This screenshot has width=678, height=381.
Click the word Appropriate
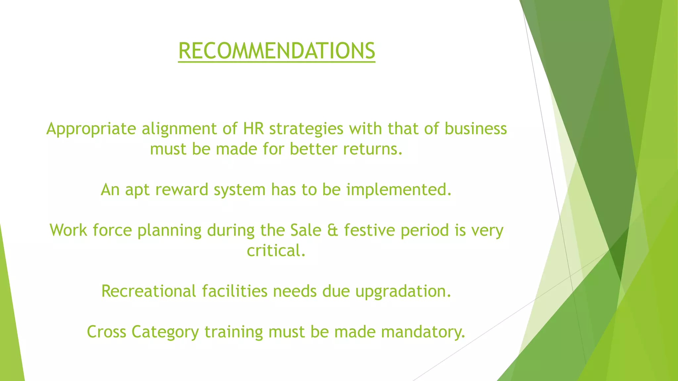click(x=91, y=129)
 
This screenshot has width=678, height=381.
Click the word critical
click(x=276, y=250)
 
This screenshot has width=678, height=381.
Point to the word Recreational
click(x=149, y=291)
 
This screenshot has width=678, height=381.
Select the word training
click(x=233, y=332)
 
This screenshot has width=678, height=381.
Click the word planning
click(x=169, y=231)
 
